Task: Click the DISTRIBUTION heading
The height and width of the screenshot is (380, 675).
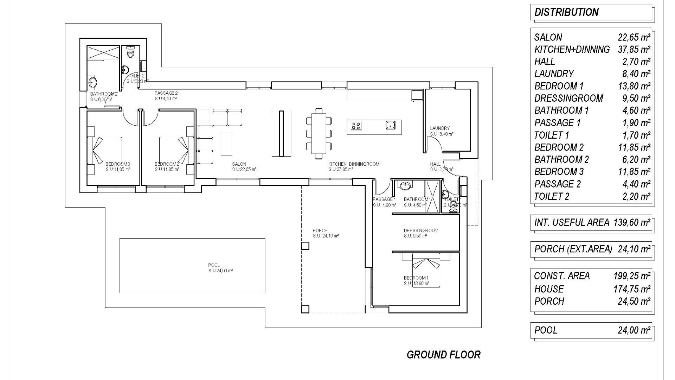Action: (566, 12)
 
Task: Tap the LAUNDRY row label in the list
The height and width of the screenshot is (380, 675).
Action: (554, 74)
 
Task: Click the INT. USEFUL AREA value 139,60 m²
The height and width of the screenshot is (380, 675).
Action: (632, 222)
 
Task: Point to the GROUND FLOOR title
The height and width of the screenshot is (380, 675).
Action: (443, 355)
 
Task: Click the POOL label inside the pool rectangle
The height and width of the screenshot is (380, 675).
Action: (214, 265)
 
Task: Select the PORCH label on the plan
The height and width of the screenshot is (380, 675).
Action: (320, 231)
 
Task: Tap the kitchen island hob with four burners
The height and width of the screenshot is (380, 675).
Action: (356, 126)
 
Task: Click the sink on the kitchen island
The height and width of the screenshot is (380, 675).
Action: (390, 125)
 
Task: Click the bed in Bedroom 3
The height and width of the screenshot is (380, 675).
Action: (107, 151)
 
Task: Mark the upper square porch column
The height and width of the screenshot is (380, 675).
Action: (305, 246)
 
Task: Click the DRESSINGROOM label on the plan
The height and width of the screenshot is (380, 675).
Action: (421, 231)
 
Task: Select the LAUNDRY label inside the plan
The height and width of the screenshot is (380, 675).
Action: (439, 128)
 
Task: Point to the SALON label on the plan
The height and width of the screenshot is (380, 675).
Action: (239, 164)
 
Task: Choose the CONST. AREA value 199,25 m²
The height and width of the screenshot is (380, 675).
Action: (632, 276)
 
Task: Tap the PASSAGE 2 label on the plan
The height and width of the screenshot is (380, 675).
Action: (166, 93)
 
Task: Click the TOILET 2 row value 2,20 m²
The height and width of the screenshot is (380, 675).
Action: (636, 197)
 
